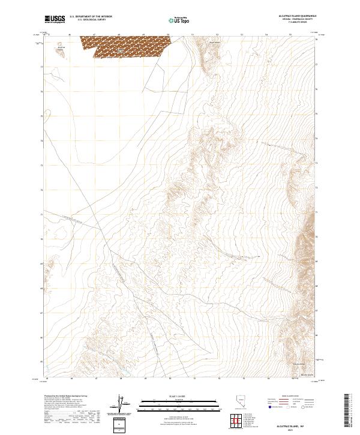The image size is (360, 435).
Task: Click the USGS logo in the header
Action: point(55,19)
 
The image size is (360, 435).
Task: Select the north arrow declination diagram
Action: point(121,404)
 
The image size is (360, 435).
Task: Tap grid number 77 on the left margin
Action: point(41,67)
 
